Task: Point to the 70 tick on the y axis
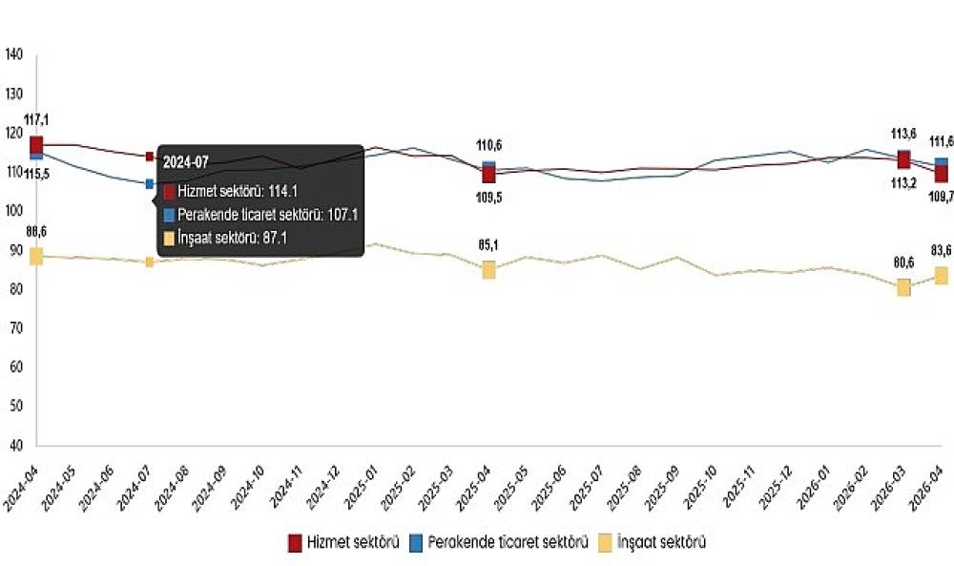16,328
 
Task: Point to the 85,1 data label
488,244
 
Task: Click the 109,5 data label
488,197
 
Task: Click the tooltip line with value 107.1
259,215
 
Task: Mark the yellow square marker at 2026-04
941,276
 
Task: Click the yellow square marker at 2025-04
488,270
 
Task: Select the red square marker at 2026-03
903,159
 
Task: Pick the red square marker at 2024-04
36,144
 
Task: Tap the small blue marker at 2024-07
150,183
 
